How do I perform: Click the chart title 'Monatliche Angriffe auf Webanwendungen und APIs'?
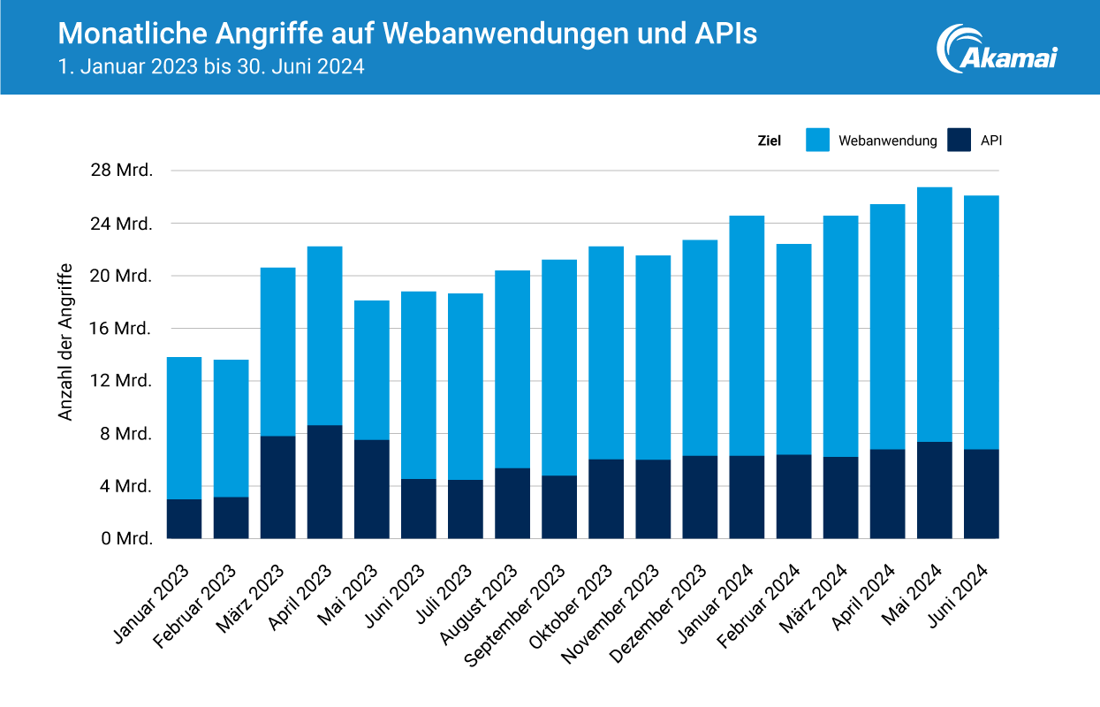[407, 34]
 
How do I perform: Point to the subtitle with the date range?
[211, 67]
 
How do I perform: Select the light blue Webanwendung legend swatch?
[818, 140]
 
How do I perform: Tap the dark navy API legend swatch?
[960, 140]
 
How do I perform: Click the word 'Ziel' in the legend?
[769, 141]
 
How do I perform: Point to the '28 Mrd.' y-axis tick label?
[122, 171]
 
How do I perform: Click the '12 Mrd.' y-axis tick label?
[122, 381]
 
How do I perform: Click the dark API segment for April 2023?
[324, 482]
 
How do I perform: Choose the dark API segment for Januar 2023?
[184, 519]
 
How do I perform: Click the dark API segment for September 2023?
[559, 506]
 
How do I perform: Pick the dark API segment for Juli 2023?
[466, 509]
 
